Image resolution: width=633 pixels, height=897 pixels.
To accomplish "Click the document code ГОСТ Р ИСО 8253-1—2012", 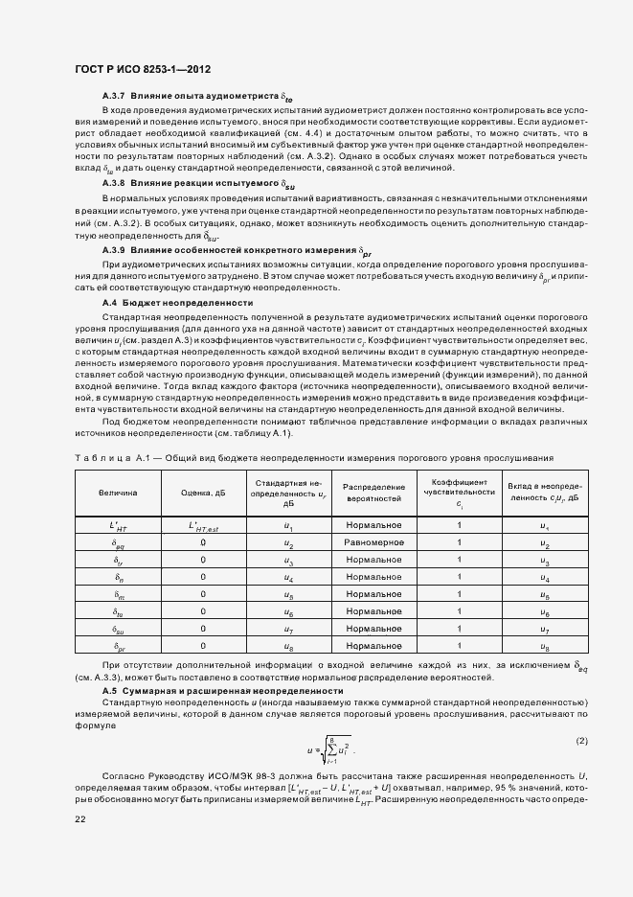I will tap(143, 70).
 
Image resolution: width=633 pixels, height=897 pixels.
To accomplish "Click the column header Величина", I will tap(118, 493).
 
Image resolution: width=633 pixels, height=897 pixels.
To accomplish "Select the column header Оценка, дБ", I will tap(203, 493).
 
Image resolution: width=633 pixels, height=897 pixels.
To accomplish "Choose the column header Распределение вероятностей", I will tap(373, 493).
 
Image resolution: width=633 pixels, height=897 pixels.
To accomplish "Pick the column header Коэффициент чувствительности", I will tap(460, 493).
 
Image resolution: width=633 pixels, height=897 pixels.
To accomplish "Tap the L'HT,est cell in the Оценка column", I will tap(203, 526).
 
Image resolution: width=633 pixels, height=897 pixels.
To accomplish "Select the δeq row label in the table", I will tap(118, 544).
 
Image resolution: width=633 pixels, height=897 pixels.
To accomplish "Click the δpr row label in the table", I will tap(118, 648).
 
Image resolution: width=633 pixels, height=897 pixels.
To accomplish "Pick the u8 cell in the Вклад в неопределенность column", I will tap(545, 648).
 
